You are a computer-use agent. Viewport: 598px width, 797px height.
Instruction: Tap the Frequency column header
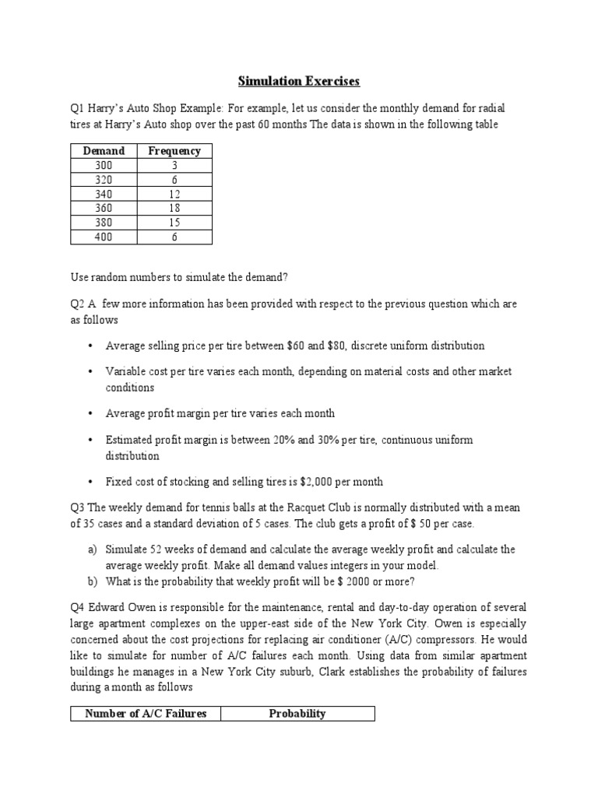click(x=174, y=151)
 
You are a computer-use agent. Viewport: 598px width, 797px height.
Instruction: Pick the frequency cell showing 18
click(x=174, y=209)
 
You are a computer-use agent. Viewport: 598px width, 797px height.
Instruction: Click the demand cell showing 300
click(x=103, y=165)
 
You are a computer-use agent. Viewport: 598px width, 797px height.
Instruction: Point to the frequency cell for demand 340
click(x=174, y=194)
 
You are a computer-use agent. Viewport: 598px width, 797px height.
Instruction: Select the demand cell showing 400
click(x=103, y=237)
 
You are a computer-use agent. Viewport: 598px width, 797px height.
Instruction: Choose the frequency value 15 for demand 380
click(x=174, y=223)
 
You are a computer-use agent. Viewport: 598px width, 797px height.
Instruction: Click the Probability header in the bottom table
click(x=296, y=713)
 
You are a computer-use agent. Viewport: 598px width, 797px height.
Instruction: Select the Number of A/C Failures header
click(x=146, y=713)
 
